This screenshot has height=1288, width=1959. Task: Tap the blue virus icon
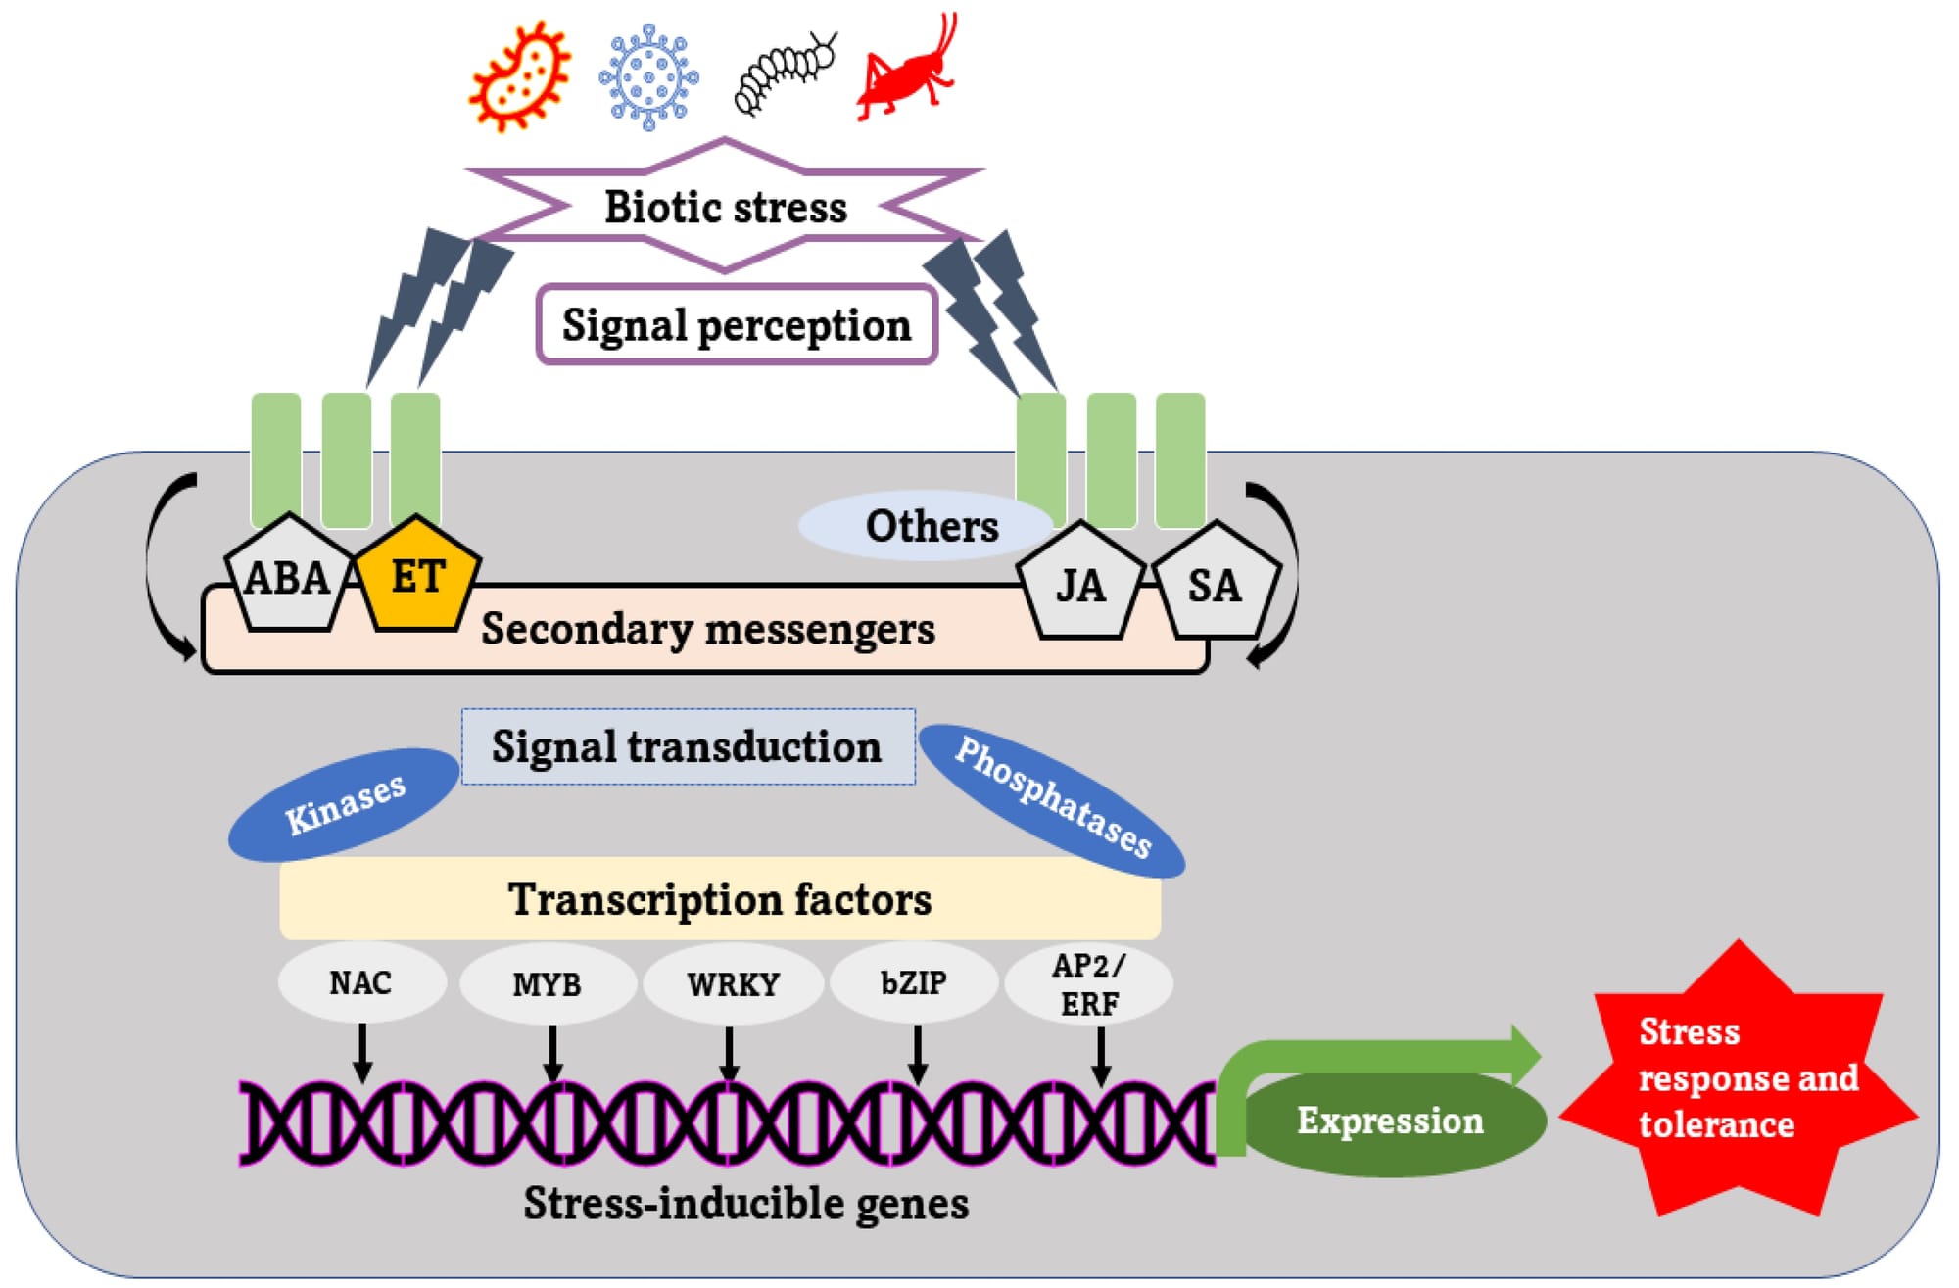648,76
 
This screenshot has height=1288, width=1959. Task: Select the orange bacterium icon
519,76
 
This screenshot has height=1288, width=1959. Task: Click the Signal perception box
737,325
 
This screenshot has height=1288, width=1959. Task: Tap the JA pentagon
1080,584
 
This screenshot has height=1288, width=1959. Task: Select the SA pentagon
1215,584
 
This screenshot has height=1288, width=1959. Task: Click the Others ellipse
926,526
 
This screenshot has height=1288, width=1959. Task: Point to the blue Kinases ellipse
344,804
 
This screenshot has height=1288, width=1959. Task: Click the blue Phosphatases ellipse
1053,798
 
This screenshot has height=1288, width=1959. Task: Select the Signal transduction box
688,746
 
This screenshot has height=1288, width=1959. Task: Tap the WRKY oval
733,983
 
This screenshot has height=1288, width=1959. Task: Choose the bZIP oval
914,982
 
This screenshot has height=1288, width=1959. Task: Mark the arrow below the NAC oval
362,1053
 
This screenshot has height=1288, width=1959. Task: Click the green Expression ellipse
1391,1121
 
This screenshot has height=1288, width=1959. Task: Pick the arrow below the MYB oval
552,1053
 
